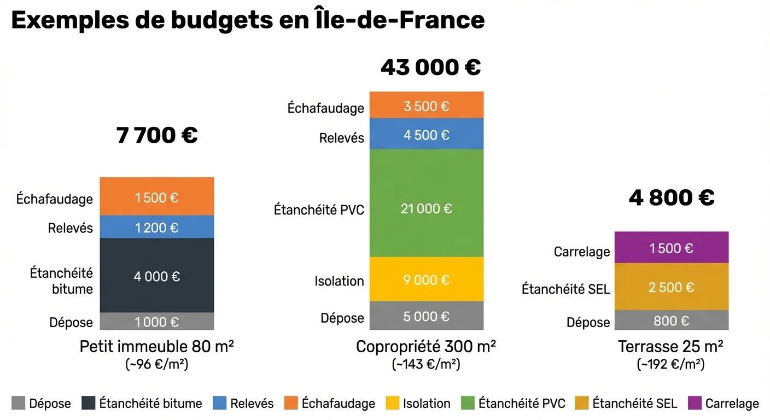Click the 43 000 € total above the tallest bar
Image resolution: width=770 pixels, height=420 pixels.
(430, 67)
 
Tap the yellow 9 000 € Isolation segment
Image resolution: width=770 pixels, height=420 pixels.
(427, 279)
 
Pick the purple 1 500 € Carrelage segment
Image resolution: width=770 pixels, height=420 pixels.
(671, 248)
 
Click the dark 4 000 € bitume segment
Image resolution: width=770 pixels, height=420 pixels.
(156, 276)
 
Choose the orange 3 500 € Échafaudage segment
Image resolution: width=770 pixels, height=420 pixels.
(427, 106)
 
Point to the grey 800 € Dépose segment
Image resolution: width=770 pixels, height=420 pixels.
(671, 320)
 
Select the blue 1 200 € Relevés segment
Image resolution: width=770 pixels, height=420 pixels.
(156, 227)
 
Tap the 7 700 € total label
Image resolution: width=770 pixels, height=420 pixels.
(157, 135)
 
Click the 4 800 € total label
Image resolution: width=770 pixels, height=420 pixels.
(672, 197)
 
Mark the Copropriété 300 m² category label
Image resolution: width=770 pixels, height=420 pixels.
(426, 347)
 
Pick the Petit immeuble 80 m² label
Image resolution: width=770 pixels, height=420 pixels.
(157, 347)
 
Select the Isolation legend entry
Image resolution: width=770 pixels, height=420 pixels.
(418, 404)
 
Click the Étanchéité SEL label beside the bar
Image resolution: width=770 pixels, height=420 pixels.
(565, 289)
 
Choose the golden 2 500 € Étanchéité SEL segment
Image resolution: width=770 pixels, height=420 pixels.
(671, 287)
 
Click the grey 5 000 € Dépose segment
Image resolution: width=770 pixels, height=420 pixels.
(427, 316)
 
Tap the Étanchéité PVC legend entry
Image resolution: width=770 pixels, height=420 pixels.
(514, 404)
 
